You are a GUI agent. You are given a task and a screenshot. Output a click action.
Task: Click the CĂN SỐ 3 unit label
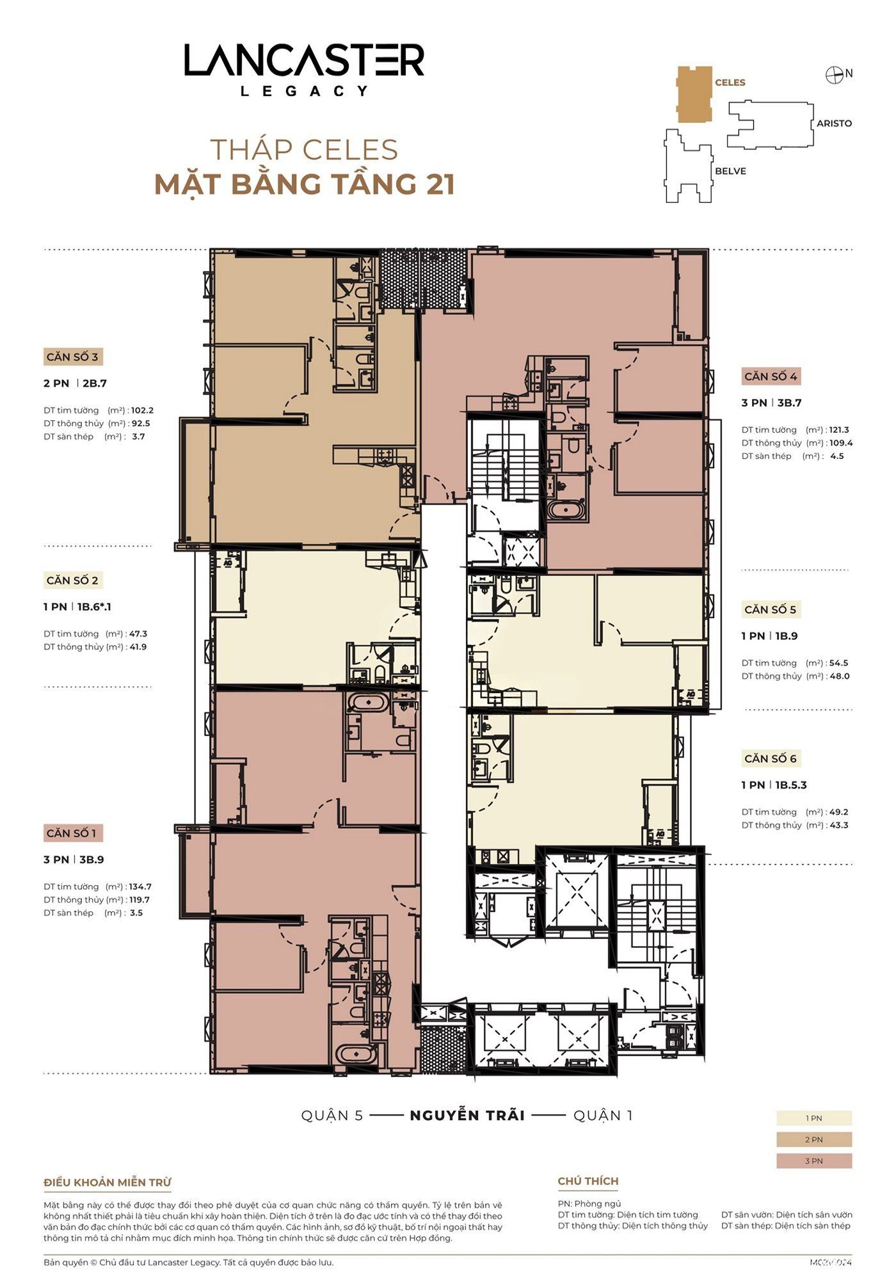point(72,357)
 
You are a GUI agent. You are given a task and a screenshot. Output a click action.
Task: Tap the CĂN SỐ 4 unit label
point(771,376)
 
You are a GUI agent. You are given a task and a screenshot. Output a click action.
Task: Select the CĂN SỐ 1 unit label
point(71,833)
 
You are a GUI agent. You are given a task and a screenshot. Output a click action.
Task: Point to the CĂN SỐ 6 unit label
point(771,758)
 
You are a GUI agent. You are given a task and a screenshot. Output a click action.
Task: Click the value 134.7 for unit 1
point(140,886)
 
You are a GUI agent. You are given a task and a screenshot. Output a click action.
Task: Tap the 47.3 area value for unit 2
point(138,634)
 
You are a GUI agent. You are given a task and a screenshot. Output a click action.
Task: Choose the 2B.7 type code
point(95,383)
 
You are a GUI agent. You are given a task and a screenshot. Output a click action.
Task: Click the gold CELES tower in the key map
point(694,93)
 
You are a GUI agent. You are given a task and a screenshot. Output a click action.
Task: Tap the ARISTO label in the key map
point(834,124)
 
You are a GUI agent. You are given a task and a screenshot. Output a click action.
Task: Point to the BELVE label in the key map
point(730,172)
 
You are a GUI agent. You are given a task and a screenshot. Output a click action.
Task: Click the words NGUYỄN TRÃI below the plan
point(467,1116)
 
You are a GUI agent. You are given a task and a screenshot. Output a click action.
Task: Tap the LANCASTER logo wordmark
point(305,60)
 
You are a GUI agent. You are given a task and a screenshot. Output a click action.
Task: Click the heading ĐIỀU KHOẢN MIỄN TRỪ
point(108,1183)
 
